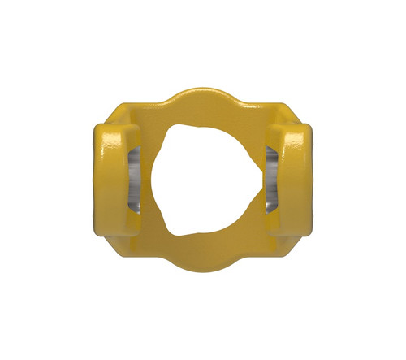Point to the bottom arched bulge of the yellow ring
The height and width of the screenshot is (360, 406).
(203, 258)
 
